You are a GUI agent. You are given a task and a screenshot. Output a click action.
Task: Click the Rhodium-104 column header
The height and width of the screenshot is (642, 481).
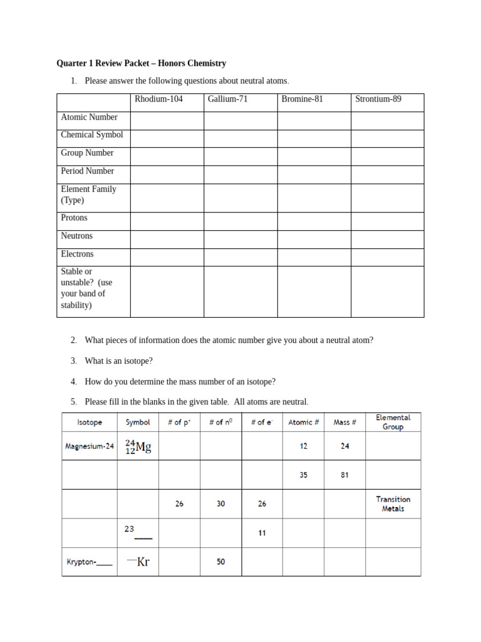coord(158,99)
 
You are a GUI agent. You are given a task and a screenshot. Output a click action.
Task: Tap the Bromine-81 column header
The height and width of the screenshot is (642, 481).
coord(303,99)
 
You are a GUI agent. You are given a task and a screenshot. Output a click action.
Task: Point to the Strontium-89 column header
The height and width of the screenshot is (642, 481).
coord(378,99)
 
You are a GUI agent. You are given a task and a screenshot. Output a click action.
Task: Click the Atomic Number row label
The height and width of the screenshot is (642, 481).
coord(89,117)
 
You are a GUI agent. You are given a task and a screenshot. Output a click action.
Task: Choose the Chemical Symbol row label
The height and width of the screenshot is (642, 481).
coord(92,135)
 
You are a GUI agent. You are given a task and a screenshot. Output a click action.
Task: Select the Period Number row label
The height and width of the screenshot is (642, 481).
coord(88,171)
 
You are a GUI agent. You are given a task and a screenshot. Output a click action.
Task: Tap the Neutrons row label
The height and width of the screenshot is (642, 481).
coord(76,236)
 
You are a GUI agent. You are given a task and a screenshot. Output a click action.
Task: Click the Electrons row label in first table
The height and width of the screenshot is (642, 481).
coord(77,254)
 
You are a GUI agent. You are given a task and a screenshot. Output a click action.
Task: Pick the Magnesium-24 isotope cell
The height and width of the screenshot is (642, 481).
coord(90,446)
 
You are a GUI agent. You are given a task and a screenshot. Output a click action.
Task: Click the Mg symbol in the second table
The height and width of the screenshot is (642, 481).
coord(138,447)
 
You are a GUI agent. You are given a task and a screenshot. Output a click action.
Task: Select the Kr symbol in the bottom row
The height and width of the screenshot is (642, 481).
coord(138,562)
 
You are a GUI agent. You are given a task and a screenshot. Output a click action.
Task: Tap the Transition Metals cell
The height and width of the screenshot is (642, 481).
coord(393,504)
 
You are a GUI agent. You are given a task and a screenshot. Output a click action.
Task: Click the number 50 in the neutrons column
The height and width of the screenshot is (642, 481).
coord(220,562)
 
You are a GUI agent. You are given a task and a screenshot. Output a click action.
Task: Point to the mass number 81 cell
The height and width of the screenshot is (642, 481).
coord(344,475)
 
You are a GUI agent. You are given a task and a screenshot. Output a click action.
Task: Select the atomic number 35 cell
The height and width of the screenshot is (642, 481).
coord(303,475)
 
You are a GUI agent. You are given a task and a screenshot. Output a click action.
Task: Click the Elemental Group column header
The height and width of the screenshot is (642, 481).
coord(393,422)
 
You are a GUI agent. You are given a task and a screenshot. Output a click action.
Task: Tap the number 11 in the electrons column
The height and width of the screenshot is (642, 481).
coord(262,533)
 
